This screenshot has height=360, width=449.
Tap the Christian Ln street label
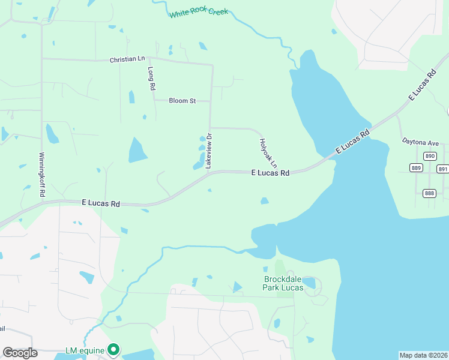(x=127, y=60)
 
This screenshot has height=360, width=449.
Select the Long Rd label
(x=152, y=79)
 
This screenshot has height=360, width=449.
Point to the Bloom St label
(x=182, y=101)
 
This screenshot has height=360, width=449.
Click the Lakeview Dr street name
(x=209, y=151)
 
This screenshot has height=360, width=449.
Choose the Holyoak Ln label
(x=268, y=153)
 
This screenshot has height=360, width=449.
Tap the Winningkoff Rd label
(x=43, y=172)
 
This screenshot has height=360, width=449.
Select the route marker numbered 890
(x=429, y=156)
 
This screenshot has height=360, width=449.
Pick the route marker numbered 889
(x=417, y=168)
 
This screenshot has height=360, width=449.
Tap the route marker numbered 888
(x=429, y=193)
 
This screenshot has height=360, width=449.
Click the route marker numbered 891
(x=443, y=169)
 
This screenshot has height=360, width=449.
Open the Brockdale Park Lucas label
(x=283, y=283)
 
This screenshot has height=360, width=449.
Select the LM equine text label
(x=85, y=350)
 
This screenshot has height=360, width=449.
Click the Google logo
(x=20, y=352)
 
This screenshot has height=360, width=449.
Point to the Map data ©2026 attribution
(x=423, y=355)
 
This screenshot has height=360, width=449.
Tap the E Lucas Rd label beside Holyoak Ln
(x=270, y=173)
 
